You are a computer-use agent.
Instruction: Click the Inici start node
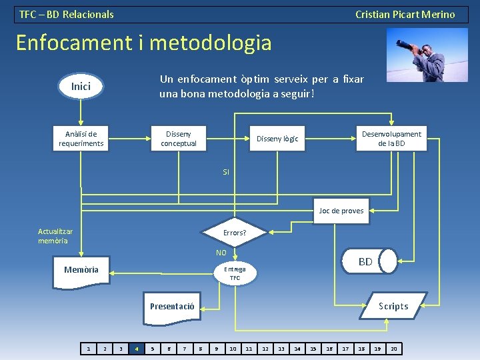[81, 86]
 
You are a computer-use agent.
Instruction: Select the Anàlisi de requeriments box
[81, 139]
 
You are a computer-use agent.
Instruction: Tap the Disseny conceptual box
[179, 139]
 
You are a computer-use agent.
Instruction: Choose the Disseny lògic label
[277, 139]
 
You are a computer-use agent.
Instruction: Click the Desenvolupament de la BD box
[391, 139]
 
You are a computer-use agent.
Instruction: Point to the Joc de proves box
[341, 211]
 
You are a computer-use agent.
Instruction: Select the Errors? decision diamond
[234, 233]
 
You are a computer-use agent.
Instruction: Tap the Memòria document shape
[81, 271]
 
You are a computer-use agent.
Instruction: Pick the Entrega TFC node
[235, 273]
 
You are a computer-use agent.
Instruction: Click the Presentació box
[172, 306]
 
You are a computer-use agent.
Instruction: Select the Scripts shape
[393, 306]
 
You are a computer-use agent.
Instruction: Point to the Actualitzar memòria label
[55, 236]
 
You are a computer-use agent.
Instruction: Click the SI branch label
[226, 172]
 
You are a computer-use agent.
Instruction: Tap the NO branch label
[221, 253]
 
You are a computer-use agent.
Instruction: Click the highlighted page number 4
[137, 348]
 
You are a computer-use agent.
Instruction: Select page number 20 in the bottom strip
[393, 348]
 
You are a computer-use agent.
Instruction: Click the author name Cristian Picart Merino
[405, 14]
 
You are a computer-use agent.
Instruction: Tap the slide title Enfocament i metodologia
[144, 43]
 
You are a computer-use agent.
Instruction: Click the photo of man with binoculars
[422, 55]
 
